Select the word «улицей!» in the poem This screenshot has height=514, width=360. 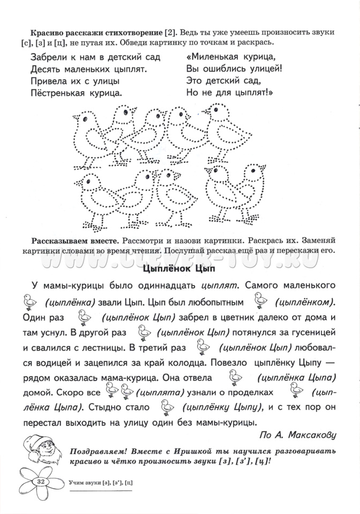[x=264, y=69]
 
